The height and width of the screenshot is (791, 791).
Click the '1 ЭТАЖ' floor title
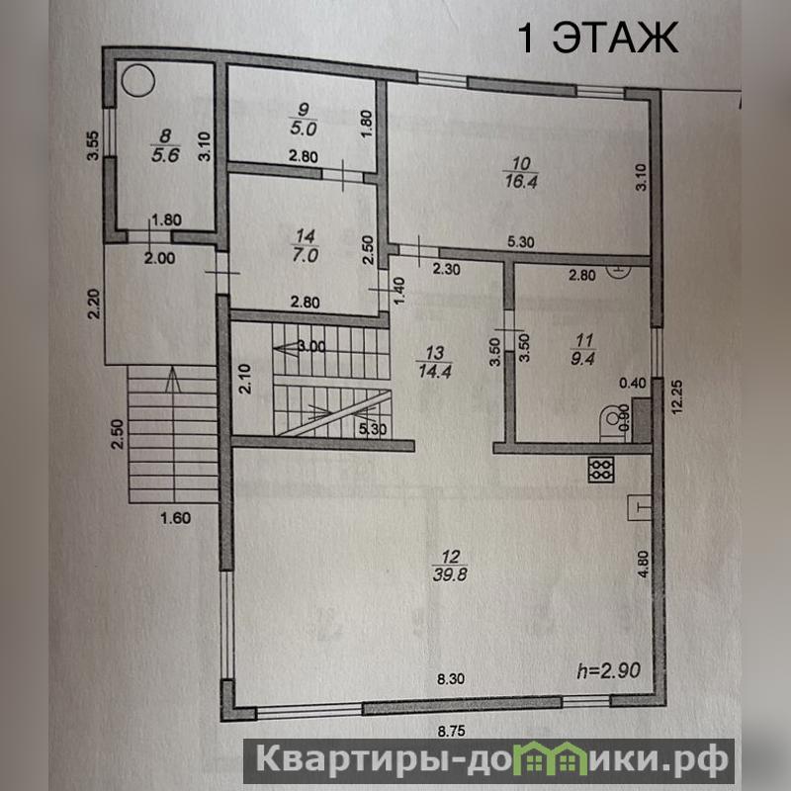point(598,39)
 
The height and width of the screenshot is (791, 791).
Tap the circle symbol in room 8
point(138,81)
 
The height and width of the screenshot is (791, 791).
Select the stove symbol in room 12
point(601,470)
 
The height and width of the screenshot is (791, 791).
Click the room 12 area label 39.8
point(450,574)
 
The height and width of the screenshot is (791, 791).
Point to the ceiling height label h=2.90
point(609,670)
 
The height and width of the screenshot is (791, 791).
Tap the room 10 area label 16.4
point(521,181)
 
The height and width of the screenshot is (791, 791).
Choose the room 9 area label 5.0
point(304,128)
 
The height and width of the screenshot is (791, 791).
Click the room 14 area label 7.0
point(306,255)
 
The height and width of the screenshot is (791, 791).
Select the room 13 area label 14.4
point(435,371)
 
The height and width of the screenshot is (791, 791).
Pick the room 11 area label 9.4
point(583,358)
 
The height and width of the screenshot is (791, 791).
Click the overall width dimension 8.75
point(451,731)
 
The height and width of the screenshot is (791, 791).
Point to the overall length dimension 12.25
point(676,397)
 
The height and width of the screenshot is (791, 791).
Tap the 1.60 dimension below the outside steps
point(176,517)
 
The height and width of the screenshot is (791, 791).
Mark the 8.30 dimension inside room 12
point(451,679)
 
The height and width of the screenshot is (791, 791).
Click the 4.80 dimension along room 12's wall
point(643,564)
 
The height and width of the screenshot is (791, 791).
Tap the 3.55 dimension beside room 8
point(93,146)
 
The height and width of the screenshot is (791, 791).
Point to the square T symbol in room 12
point(639,507)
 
